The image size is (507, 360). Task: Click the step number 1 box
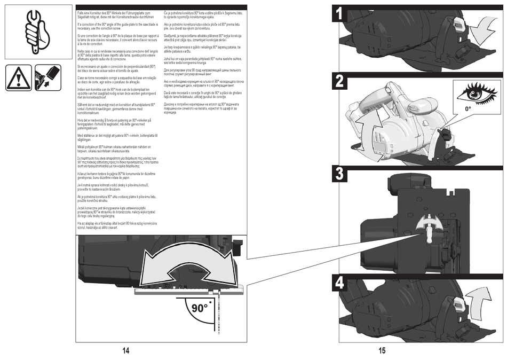[340, 13]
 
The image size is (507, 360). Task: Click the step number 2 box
[340, 82]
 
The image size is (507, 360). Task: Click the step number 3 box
[340, 174]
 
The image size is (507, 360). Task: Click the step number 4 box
[340, 284]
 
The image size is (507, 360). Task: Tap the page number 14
[126, 351]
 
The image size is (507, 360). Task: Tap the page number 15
[382, 351]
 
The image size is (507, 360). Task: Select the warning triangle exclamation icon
[19, 78]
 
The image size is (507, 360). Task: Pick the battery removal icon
[47, 78]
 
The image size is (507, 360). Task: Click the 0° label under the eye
[468, 108]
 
